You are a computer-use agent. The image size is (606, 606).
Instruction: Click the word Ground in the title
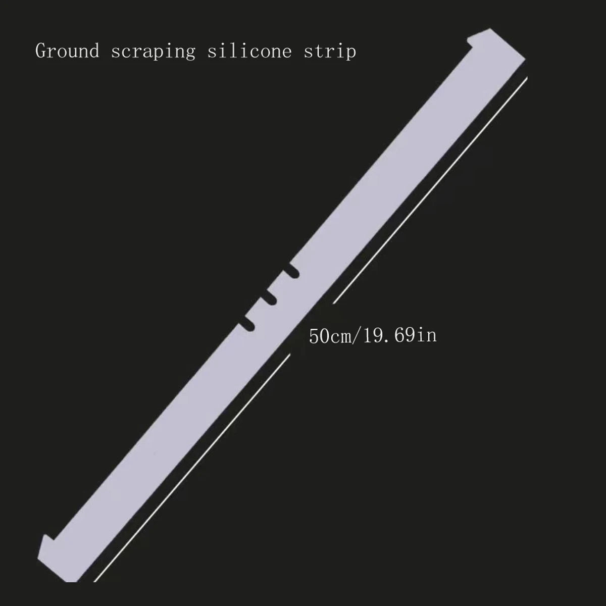[x=67, y=51]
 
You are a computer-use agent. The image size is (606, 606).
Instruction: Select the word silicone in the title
[x=249, y=51]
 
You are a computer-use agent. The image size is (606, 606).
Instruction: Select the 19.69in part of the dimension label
[x=402, y=335]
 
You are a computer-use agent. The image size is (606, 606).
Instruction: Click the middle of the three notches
[x=269, y=298]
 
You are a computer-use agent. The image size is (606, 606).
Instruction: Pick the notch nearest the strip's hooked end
[x=292, y=272]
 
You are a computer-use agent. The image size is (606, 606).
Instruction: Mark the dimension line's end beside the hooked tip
[x=526, y=78]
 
